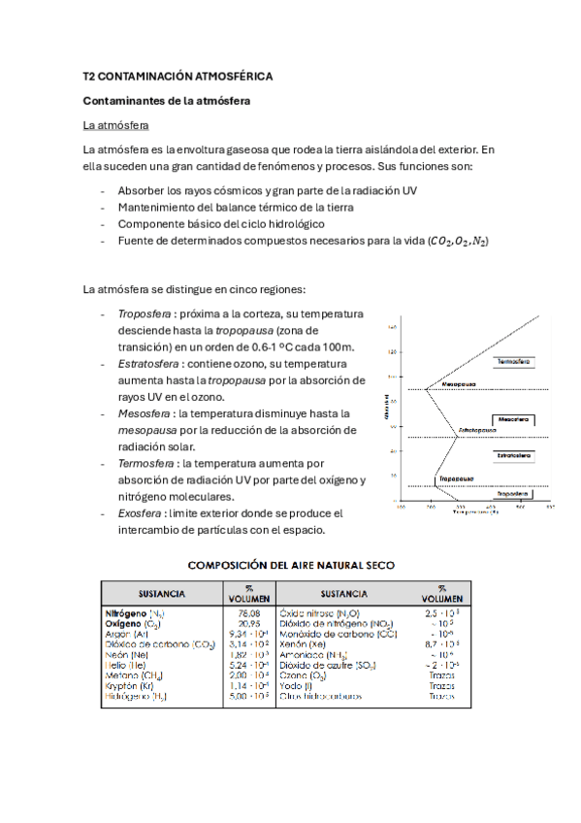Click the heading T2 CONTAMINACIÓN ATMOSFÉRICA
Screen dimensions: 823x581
(178, 76)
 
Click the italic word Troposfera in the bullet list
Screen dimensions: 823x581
(140, 314)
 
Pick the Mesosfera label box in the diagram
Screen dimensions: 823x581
(513, 419)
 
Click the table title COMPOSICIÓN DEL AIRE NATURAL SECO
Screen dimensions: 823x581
(290, 564)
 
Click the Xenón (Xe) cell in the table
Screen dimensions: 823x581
(303, 644)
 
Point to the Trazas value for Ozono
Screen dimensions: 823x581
(441, 675)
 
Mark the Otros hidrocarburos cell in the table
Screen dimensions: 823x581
(321, 696)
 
